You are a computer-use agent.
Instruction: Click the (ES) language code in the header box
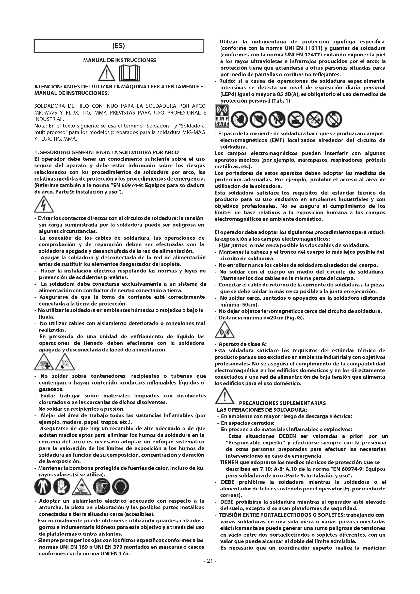[119, 46]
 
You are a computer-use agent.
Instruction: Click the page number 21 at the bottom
[210, 568]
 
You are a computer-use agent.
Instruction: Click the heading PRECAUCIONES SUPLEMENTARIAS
[282, 403]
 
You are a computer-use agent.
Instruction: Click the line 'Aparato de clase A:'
[242, 344]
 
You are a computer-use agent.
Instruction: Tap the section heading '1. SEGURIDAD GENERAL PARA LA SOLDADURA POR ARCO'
[106, 152]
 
